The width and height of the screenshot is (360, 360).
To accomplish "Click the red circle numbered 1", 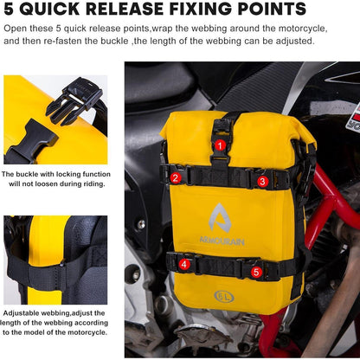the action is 221,145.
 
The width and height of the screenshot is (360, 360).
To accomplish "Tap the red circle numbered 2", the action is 176,177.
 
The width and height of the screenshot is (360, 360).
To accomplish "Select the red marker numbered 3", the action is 262,182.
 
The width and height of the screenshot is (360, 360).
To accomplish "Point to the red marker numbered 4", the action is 184,264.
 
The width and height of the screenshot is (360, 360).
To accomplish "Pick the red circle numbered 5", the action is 256,272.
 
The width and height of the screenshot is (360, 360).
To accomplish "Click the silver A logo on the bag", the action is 220,218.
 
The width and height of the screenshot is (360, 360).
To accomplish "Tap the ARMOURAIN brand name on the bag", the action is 222,241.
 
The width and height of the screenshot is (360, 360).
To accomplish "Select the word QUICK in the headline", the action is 49,9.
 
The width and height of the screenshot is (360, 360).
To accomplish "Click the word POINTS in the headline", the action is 272,9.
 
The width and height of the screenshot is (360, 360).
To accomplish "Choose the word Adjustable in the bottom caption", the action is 21,313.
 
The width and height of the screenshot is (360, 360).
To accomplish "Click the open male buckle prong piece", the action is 74,100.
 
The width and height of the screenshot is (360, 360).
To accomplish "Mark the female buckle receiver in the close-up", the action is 32,140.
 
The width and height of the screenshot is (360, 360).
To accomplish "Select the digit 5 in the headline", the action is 9,9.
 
